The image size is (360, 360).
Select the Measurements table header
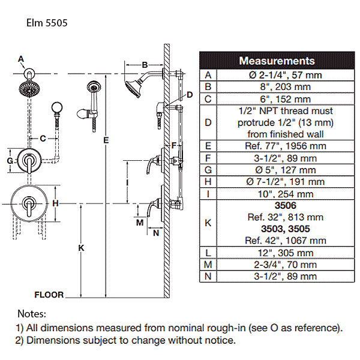277,61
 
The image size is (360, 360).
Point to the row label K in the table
208,223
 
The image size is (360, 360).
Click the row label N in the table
208,277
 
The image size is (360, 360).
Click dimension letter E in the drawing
106,140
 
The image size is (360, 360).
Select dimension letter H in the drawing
55,203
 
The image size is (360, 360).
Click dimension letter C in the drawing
43,139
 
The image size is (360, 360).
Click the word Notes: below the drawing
31,314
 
